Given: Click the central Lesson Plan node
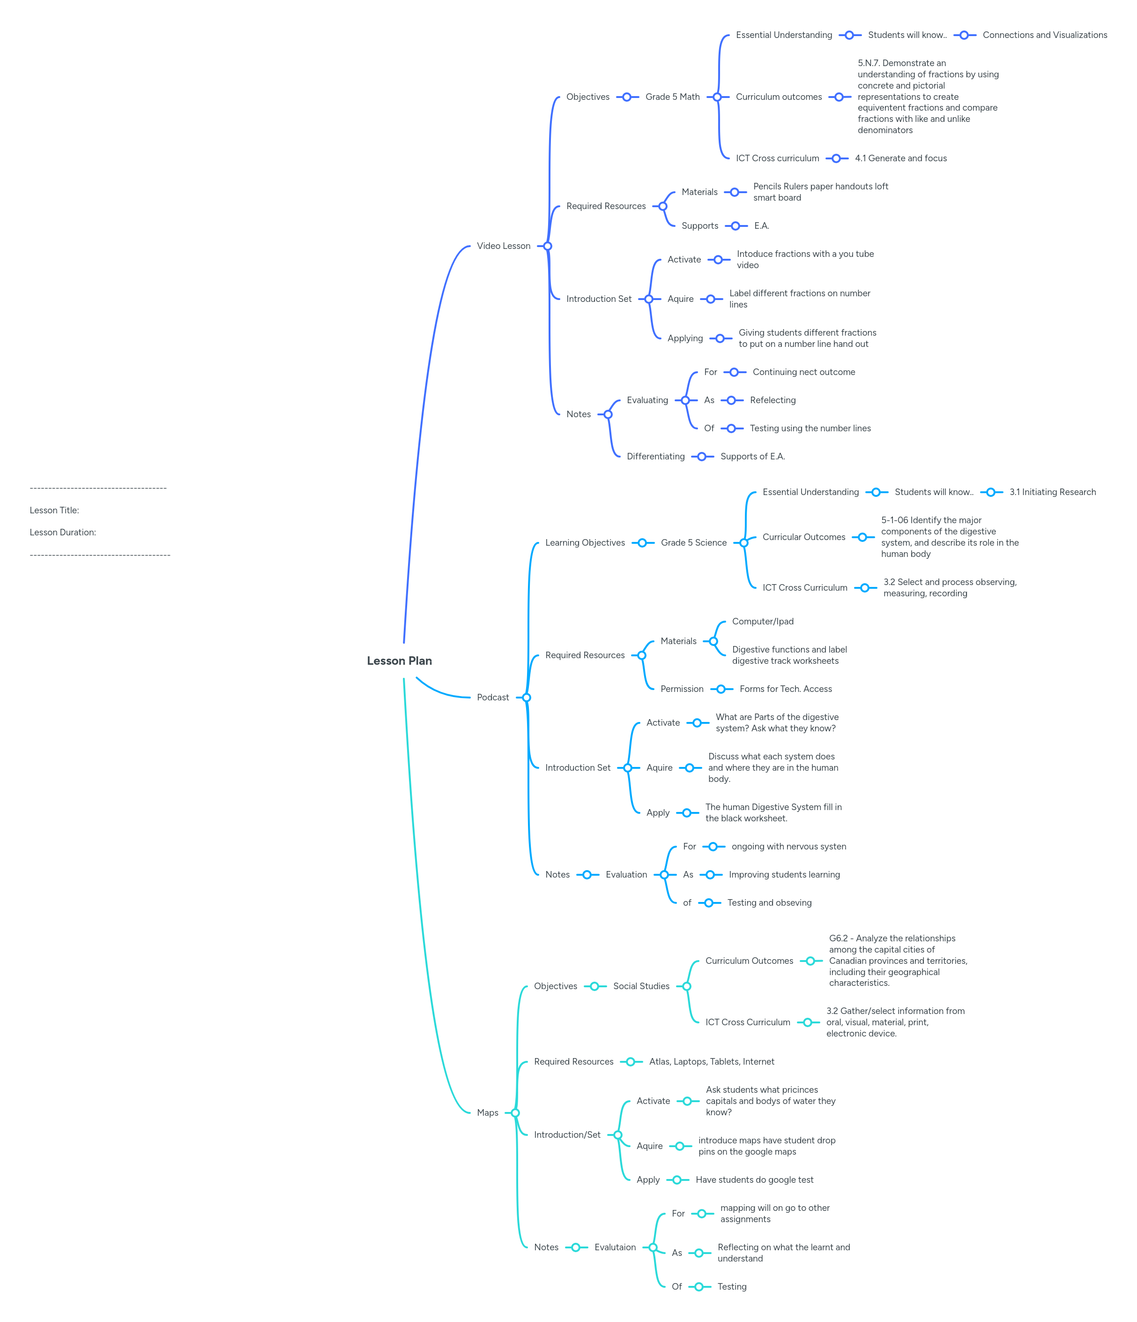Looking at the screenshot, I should click(399, 661).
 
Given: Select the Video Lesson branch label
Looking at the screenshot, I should click(503, 246).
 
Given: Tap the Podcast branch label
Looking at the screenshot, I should click(492, 698).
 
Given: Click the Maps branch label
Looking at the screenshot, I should click(487, 1113).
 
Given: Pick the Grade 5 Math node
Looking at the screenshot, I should click(672, 97).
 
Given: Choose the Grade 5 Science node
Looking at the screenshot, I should click(693, 543).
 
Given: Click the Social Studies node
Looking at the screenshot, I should click(641, 986).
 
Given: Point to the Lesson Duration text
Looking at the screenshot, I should click(62, 532).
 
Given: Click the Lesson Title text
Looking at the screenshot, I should click(54, 511).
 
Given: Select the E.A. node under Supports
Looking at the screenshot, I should click(761, 226).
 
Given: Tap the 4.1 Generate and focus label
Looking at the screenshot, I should click(900, 158).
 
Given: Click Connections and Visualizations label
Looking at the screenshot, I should click(1045, 35).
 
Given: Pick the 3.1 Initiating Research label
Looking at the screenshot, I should click(1052, 492).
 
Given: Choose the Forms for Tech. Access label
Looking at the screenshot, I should click(786, 689).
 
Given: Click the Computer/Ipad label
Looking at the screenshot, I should click(763, 622).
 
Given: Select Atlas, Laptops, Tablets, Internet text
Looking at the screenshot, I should click(712, 1062).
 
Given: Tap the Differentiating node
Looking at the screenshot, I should click(655, 456).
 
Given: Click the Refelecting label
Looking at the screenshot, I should click(772, 400).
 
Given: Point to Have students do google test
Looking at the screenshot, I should click(754, 1179).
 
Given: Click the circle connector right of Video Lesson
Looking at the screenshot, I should click(547, 246).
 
